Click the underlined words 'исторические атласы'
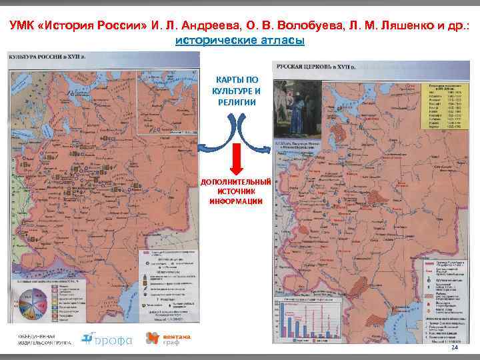pos(240,41)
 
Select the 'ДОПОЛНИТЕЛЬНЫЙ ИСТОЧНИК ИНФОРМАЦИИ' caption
pos(237,191)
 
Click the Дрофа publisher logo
pos(107,339)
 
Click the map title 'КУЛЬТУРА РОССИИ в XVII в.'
pos(41,59)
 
